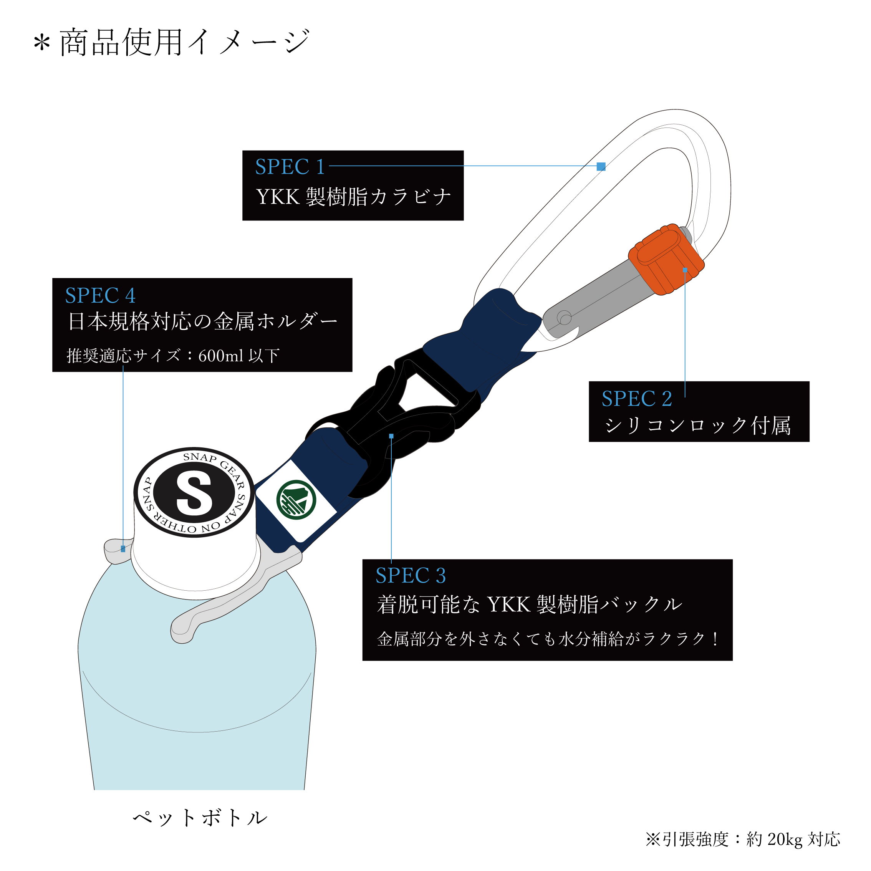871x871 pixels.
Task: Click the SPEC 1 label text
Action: (290, 167)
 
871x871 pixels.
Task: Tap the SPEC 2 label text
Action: (637, 399)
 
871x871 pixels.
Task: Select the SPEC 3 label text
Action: (411, 576)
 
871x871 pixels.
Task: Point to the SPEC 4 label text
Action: (100, 296)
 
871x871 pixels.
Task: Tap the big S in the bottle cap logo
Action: (194, 493)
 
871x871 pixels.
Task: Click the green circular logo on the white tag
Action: (296, 500)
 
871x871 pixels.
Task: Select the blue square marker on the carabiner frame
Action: (601, 166)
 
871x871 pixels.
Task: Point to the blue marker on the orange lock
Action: (685, 270)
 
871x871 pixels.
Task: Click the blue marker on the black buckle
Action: (391, 436)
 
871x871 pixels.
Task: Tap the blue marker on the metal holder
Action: (123, 549)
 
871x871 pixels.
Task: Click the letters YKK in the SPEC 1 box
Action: (278, 197)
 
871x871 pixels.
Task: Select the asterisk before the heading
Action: (41, 44)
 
